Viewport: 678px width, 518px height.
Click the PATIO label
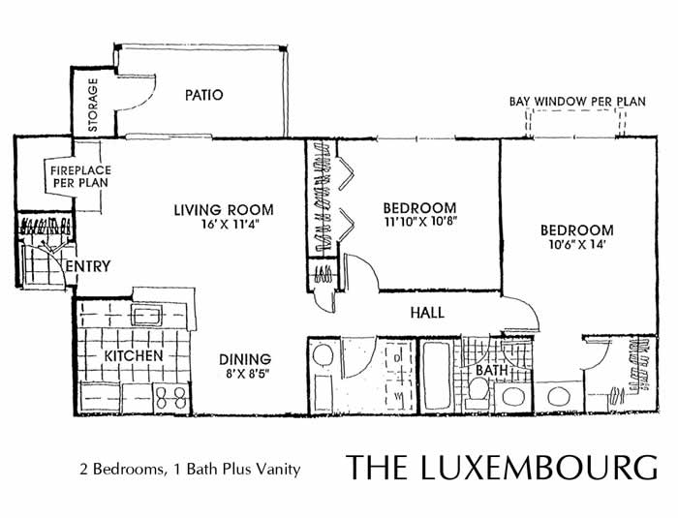pos(203,95)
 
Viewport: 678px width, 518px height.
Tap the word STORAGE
pos(93,104)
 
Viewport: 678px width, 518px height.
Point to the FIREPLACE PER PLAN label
pos(78,175)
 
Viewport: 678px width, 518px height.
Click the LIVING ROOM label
pos(223,209)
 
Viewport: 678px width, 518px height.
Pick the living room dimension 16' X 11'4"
pos(224,225)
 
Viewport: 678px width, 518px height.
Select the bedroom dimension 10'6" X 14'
pos(576,246)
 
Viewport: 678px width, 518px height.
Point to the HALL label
pos(426,313)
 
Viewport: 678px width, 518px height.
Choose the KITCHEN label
pos(133,356)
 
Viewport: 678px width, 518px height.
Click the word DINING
pos(243,357)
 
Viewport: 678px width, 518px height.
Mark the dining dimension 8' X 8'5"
pos(243,374)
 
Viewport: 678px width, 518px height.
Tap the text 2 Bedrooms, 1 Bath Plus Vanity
pos(190,470)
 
